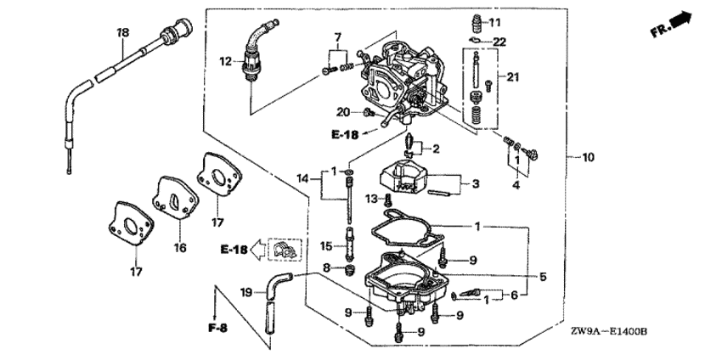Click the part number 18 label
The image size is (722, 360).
coord(123,32)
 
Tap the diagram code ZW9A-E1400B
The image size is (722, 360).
coord(609,331)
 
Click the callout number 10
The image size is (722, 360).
coord(588,157)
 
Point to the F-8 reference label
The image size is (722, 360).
coord(217,329)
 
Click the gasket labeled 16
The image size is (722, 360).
coord(176,198)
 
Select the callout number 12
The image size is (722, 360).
coord(226,61)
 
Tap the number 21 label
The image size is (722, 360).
coord(513,77)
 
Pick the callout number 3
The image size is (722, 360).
coord(476,183)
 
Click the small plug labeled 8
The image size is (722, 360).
coord(352,269)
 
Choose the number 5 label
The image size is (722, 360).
coord(544,277)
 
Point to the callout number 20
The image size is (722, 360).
coord(342,111)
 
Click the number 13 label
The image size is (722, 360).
coord(371,199)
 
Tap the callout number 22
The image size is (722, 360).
coord(499,42)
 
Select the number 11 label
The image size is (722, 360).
coord(494,22)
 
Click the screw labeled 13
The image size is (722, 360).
coord(387,200)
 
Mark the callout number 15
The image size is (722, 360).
coord(325,247)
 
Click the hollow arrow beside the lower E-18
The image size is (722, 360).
coord(257,250)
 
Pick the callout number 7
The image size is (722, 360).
coord(338,37)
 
